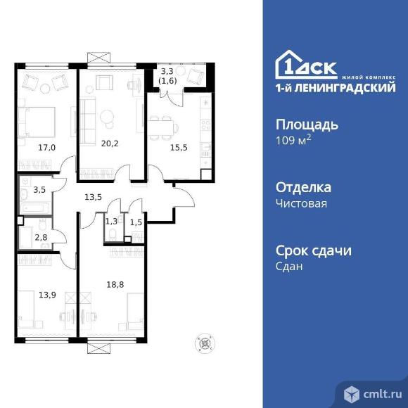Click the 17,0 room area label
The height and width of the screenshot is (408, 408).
coord(47,148)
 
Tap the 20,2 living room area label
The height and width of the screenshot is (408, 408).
coord(110,144)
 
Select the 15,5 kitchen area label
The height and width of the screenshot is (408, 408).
coord(179,148)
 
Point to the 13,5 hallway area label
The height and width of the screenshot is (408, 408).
coord(93,197)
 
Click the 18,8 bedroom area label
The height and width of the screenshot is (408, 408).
coord(115,285)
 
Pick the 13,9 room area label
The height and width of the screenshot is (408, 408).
coord(47,295)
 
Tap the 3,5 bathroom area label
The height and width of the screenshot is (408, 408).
coord(39,190)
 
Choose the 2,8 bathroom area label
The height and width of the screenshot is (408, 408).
coord(41,237)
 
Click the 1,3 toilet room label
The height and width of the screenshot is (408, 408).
coord(111,222)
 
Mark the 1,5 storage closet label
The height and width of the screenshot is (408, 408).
coord(136,222)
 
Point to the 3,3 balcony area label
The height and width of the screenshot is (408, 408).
coord(167,71)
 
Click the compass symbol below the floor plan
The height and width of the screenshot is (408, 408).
coord(205,343)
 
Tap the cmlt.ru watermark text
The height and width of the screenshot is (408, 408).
coord(383,395)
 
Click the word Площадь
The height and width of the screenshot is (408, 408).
coord(307,125)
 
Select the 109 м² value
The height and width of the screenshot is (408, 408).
coord(293,140)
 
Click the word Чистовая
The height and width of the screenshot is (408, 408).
coord(301,203)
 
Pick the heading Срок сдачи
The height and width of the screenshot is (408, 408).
coord(314,251)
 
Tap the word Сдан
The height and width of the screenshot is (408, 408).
coord(289,267)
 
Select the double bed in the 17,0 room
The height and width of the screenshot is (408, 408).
coord(37,122)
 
